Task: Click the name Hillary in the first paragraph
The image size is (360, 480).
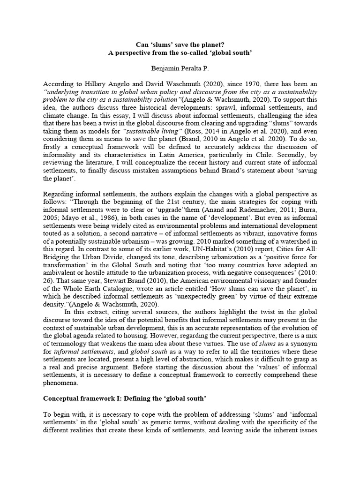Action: (x=90, y=83)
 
